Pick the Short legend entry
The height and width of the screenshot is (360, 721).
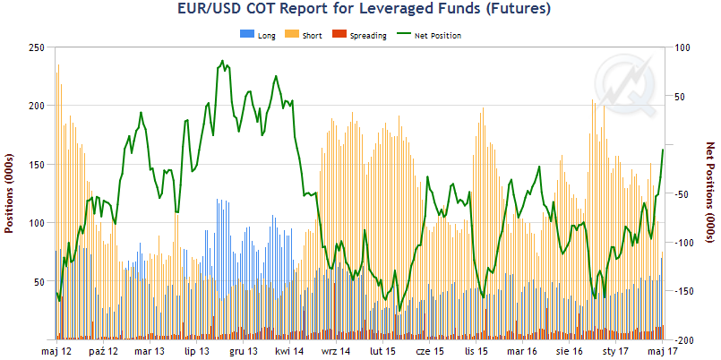click(305, 36)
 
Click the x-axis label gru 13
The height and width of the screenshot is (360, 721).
click(243, 352)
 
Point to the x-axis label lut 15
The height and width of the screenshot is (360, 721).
click(382, 352)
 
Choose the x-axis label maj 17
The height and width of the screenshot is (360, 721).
click(661, 352)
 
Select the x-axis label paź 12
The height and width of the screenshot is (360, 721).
click(103, 352)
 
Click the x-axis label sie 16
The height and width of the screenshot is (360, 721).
click(568, 352)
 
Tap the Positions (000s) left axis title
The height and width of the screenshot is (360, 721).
click(11, 193)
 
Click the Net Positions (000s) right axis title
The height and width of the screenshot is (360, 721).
click(711, 193)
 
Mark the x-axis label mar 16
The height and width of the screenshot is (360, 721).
click(522, 352)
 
